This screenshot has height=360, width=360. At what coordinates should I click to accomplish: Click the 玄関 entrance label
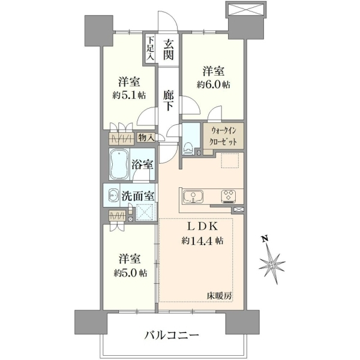click(168, 49)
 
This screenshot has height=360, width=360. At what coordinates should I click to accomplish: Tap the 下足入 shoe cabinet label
click(150, 49)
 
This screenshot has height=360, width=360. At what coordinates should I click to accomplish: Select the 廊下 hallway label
click(168, 100)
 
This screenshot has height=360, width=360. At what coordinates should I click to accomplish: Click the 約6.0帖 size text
click(213, 85)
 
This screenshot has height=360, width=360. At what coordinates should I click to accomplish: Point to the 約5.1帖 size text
click(129, 95)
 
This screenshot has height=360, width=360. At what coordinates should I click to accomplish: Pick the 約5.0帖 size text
click(130, 273)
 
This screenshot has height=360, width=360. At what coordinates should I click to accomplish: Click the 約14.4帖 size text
click(202, 241)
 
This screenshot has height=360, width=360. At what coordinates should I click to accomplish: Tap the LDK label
click(203, 227)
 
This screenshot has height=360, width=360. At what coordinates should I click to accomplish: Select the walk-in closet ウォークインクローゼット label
click(223, 137)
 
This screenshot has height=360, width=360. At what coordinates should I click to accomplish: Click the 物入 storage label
click(146, 138)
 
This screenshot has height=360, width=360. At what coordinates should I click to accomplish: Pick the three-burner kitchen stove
click(229, 197)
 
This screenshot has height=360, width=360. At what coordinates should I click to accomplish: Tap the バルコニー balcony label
click(172, 335)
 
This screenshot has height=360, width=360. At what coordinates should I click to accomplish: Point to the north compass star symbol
click(272, 265)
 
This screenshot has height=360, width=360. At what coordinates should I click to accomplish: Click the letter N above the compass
click(265, 239)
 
